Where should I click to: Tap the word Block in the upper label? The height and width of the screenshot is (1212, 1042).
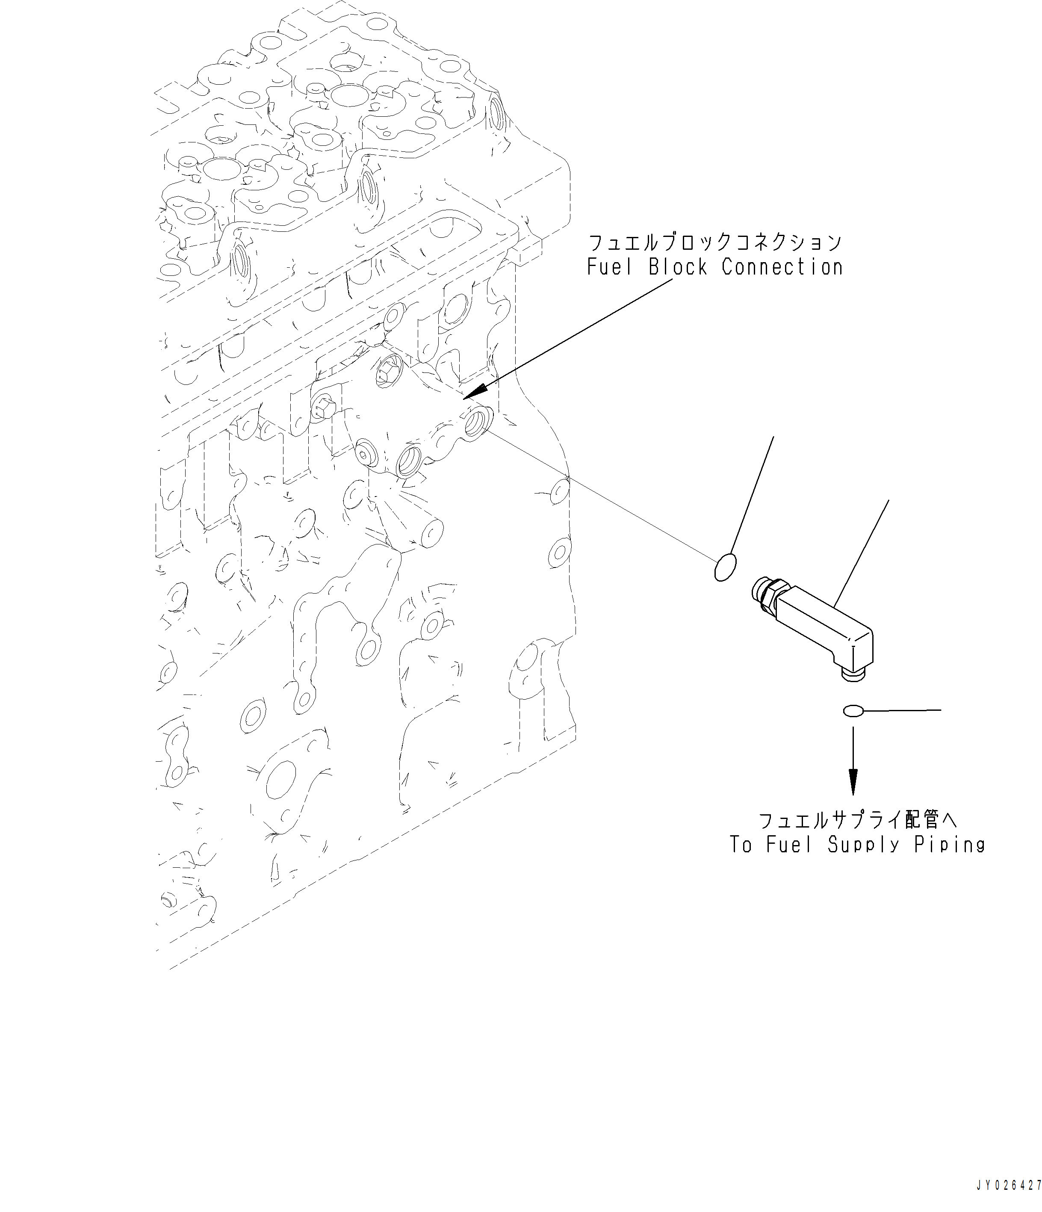(678, 267)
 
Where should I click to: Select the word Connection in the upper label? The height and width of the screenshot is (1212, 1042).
(782, 267)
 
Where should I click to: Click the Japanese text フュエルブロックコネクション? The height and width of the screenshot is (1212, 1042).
(714, 242)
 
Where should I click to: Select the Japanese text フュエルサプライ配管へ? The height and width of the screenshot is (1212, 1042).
(857, 821)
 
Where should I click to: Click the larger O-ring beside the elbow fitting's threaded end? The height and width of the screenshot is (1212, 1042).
(725, 568)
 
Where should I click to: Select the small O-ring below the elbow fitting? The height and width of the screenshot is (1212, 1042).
(853, 711)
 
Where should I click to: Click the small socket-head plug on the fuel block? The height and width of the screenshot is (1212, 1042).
(366, 453)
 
